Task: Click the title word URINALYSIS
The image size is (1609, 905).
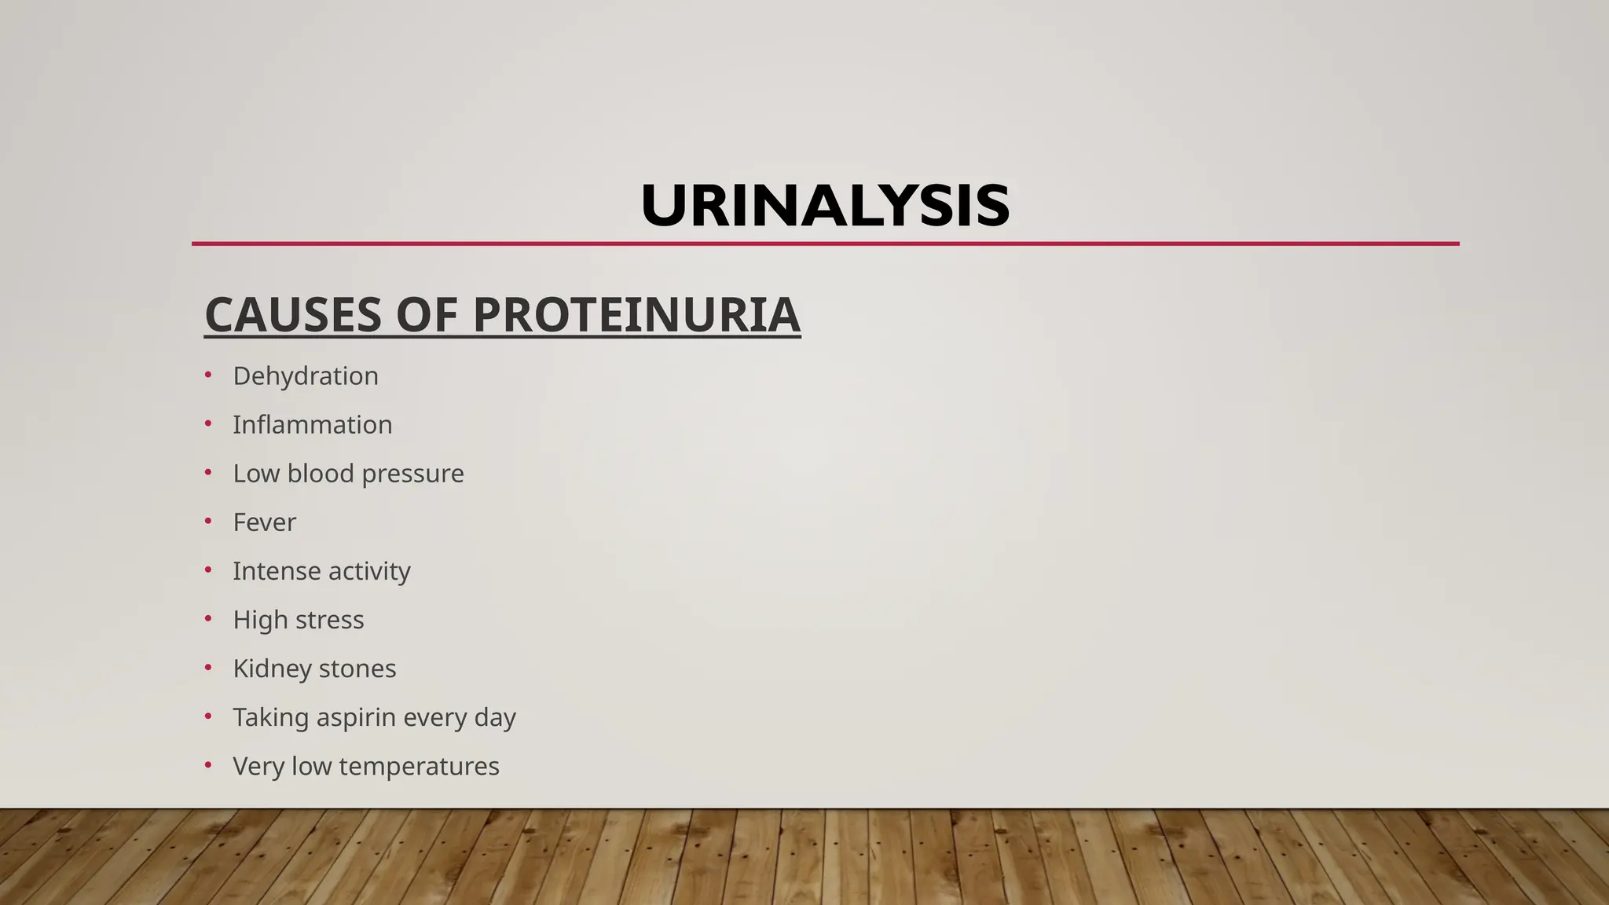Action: [825, 206]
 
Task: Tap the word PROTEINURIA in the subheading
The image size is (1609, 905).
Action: [636, 315]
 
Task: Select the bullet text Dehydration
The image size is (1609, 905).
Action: [306, 376]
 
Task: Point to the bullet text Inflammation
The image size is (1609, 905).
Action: [312, 425]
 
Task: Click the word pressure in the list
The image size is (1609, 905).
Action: [412, 474]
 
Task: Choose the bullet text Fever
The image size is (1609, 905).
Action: [264, 522]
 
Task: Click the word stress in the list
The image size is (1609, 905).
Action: [330, 620]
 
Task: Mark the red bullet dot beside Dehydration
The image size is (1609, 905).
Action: [208, 375]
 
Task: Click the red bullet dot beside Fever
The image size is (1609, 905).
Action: [208, 521]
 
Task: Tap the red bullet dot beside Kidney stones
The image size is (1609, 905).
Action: [208, 667]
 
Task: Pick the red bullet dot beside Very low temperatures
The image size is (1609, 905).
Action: [208, 764]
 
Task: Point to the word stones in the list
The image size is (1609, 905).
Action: [358, 669]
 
